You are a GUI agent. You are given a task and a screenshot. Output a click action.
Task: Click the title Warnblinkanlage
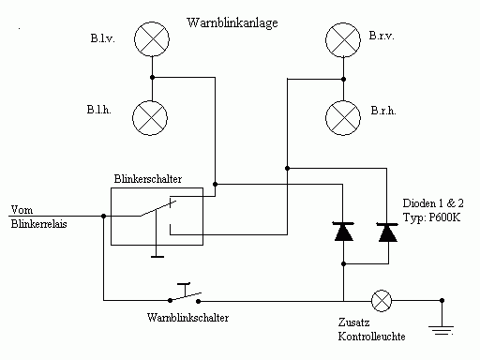pyautogui.click(x=232, y=23)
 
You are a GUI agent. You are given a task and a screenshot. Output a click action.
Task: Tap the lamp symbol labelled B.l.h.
pyautogui.click(x=150, y=118)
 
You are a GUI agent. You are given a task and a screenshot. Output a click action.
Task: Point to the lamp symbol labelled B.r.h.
pyautogui.click(x=343, y=118)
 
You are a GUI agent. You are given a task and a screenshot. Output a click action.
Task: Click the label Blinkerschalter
pyautogui.click(x=148, y=179)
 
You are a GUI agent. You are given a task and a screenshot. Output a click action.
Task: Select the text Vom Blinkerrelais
pyautogui.click(x=38, y=217)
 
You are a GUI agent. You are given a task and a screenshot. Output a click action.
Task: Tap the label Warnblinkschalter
pyautogui.click(x=187, y=318)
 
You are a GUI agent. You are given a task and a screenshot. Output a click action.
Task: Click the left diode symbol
pyautogui.click(x=343, y=232)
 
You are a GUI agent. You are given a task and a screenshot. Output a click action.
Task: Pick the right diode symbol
pyautogui.click(x=387, y=232)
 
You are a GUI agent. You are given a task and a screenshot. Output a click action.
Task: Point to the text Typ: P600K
pyautogui.click(x=431, y=217)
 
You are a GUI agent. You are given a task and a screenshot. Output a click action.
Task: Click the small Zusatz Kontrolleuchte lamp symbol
pyautogui.click(x=382, y=301)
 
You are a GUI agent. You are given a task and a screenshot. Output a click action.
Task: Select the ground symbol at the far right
pyautogui.click(x=442, y=330)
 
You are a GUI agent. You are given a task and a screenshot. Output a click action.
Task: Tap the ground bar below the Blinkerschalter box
pyautogui.click(x=157, y=257)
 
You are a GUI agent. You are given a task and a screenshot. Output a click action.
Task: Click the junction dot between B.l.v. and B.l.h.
pyautogui.click(x=152, y=77)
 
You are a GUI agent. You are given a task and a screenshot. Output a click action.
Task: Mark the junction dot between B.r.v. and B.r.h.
pyautogui.click(x=343, y=79)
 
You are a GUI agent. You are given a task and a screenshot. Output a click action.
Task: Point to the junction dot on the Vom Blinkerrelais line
pyautogui.click(x=104, y=216)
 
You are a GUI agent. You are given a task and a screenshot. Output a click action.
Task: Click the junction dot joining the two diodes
pyautogui.click(x=343, y=264)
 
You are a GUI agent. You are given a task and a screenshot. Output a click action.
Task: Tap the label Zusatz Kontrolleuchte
pyautogui.click(x=371, y=329)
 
